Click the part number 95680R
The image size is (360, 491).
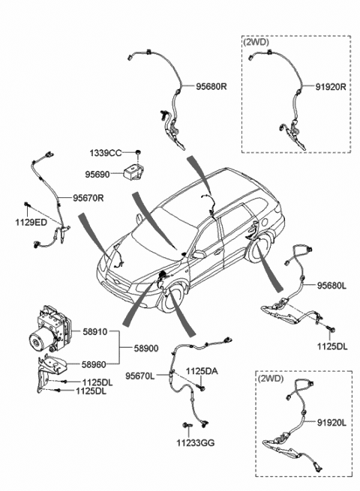tap(212, 85)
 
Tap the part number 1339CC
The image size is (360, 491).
tap(106, 152)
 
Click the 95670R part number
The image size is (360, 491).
tap(88, 198)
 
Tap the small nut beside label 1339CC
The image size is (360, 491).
tap(139, 152)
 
